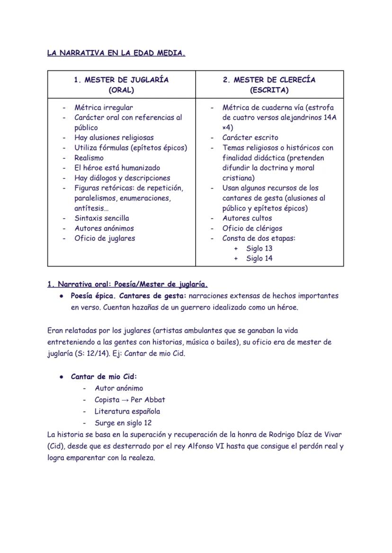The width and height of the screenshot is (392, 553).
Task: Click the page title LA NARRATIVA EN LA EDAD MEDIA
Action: pos(116,53)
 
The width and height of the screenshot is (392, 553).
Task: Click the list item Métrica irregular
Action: pos(104,107)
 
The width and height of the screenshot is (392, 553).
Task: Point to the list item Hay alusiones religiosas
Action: pos(114,138)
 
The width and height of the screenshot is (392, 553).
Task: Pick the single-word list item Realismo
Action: pos(89,158)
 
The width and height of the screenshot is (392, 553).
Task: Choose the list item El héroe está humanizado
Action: pos(117,167)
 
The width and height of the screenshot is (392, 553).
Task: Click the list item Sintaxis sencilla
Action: pos(101,218)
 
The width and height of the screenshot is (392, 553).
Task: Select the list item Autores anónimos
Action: pos(104,228)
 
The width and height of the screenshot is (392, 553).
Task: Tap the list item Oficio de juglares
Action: pos(105,238)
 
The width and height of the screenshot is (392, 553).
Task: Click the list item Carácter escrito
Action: pos(250,138)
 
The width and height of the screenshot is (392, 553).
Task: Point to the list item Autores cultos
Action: pos(247,218)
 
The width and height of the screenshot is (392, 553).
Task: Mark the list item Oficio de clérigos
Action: pos(252,228)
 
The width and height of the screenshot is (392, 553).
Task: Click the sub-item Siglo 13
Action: pos(259,248)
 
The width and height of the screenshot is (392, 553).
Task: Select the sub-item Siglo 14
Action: pos(259,258)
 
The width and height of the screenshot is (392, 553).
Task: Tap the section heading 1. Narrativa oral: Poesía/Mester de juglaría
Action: pos(127,284)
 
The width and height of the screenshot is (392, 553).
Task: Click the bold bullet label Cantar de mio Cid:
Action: pos(104,377)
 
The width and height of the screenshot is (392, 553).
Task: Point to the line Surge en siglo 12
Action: pos(123,423)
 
